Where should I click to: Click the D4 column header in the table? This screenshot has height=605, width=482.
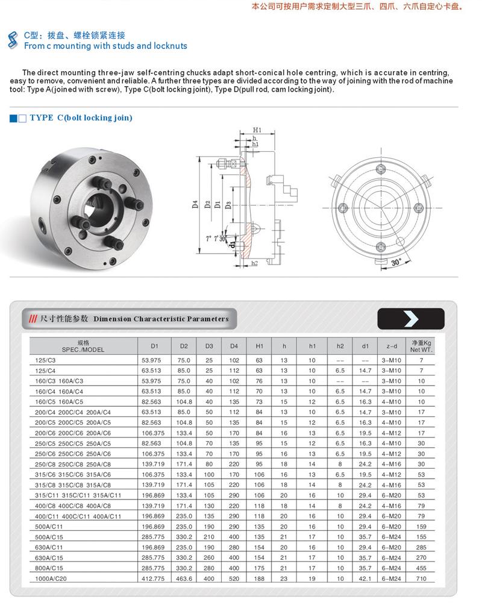[234, 346]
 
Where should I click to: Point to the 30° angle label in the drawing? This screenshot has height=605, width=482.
[396, 263]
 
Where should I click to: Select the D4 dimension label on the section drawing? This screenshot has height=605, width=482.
[195, 204]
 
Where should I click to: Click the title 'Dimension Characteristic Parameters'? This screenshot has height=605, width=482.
[161, 319]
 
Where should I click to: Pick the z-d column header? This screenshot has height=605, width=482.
[392, 346]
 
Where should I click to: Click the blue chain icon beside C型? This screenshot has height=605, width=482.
[11, 40]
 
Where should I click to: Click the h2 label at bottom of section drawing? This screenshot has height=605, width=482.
[254, 263]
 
